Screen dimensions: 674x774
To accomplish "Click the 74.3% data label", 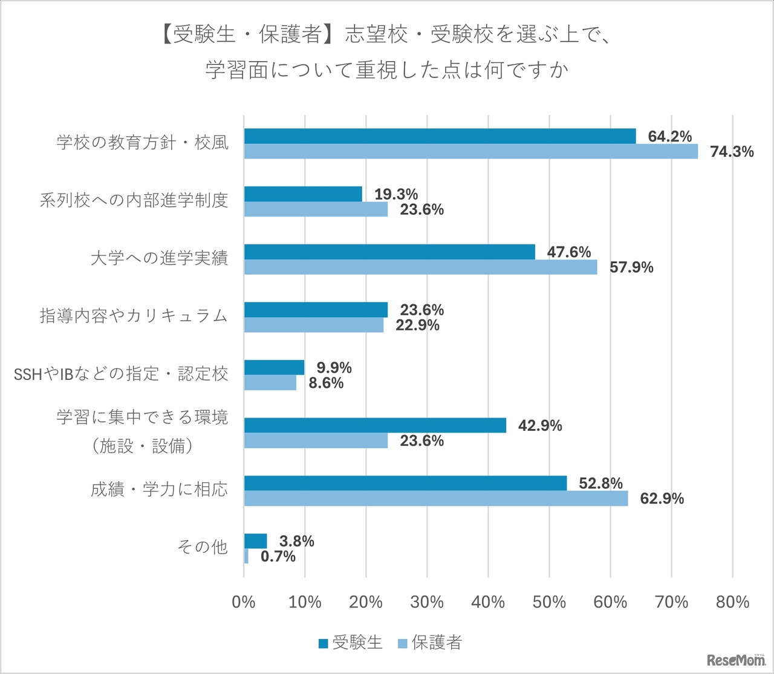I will tap(732, 152).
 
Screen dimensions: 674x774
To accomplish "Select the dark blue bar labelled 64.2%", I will tap(440, 136).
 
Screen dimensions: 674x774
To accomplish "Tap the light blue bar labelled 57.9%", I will tap(420, 267).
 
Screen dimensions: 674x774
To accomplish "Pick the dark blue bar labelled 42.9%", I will tap(375, 425).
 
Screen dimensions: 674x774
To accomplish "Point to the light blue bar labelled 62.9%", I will tap(436, 499).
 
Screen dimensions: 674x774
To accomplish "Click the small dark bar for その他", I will tap(255, 541).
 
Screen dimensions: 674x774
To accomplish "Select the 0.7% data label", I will tap(278, 556).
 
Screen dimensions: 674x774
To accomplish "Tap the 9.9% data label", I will tap(334, 368).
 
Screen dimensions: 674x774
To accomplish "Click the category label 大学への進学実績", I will tap(159, 258).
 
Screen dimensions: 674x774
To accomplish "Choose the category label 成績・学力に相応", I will tap(159, 489).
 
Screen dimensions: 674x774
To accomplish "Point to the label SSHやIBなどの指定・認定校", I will tap(121, 374).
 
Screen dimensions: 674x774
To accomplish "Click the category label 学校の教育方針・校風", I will tap(143, 143).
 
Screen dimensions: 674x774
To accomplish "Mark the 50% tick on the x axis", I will tap(549, 602).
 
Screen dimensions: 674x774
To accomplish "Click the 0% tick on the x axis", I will tap(244, 602).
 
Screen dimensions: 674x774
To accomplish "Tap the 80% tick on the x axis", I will tap(732, 602).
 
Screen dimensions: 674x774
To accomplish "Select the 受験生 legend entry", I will tap(351, 643).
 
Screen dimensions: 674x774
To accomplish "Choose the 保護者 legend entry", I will tap(430, 643).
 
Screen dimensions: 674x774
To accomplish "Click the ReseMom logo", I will tap(735, 659).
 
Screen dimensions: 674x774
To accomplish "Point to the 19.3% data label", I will tap(396, 194).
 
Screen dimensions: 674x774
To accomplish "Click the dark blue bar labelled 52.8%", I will tap(405, 483).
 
